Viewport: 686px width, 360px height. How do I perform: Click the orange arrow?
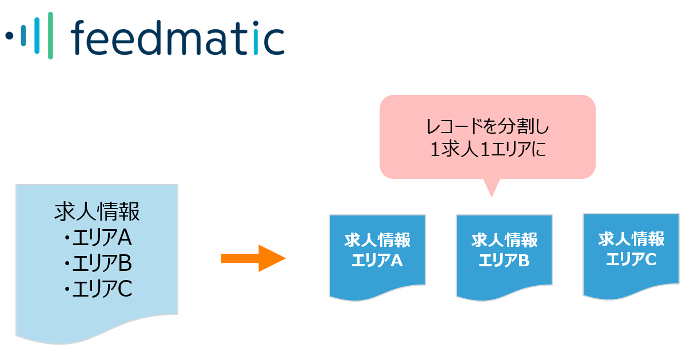pos(254,258)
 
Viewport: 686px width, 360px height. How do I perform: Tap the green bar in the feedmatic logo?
pos(50,35)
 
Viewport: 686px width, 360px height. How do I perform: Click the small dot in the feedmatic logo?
pos(10,35)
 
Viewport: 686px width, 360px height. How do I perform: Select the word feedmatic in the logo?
pos(178,38)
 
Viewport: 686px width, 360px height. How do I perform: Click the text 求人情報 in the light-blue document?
pos(97,211)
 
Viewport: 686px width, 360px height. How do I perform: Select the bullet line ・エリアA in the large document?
pos(97,238)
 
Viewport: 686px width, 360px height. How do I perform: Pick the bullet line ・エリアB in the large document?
pos(97,263)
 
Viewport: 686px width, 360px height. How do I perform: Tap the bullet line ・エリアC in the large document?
pos(97,289)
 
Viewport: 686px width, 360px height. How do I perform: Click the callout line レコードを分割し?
pos(488,126)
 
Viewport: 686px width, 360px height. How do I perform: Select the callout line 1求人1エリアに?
pos(488,149)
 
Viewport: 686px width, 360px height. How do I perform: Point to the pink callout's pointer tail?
pos(492,187)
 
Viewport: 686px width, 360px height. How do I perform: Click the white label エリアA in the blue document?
pos(377,261)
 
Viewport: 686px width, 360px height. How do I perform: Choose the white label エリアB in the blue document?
pos(504,261)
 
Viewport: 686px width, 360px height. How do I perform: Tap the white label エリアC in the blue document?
pos(631,259)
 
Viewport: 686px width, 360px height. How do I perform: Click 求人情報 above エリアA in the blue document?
pos(377,240)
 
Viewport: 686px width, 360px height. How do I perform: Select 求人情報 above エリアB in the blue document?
pos(504,240)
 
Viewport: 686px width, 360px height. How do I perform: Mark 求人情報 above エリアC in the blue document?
pos(632,239)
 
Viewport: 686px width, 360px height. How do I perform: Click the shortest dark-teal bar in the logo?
pos(23,35)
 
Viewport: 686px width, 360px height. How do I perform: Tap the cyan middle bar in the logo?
pos(37,35)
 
